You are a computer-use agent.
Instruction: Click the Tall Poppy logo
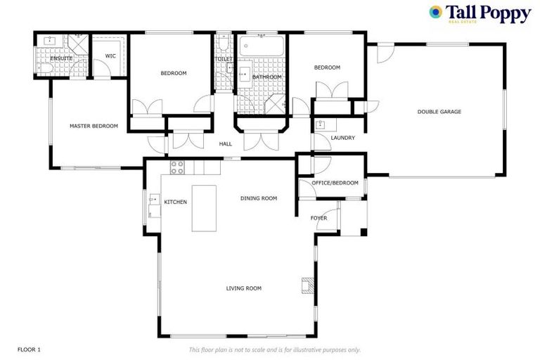pos(480,14)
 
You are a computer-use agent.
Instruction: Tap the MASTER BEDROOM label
pos(94,126)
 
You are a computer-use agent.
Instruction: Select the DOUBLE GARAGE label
pos(439,111)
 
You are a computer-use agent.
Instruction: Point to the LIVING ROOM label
pos(243,288)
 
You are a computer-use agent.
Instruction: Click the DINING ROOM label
pos(259,198)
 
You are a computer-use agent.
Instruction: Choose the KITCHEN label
pos(175,202)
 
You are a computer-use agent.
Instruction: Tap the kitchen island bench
pos(204,207)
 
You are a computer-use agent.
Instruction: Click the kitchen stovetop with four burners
pos(177,167)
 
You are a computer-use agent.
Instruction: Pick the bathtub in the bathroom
pos(262,48)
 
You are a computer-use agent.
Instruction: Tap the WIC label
pos(110,56)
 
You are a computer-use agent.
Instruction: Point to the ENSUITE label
pos(61,58)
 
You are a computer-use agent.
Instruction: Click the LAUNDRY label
pos(342,138)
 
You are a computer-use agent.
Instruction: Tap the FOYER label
pos(319,218)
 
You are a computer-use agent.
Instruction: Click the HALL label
pos(225,143)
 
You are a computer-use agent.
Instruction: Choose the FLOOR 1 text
pos(30,349)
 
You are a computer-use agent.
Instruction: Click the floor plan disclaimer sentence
pos(274,349)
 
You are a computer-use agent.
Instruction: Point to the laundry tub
pos(321,126)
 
